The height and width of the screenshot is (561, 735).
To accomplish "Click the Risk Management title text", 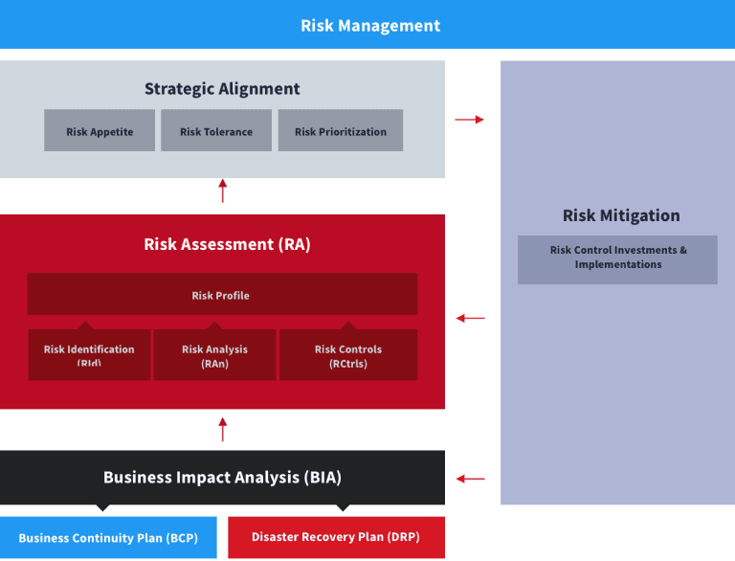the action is [x=370, y=26].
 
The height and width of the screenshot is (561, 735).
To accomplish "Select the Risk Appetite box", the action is [x=100, y=130].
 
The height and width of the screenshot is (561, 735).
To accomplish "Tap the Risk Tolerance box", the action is [x=216, y=130].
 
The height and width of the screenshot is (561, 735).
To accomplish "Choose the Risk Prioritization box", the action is [x=341, y=130].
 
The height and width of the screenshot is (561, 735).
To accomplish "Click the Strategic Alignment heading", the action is [x=222, y=89].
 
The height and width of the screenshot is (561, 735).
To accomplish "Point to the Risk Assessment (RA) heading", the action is [x=227, y=244].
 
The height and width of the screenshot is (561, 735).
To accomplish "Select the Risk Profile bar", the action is [x=222, y=294].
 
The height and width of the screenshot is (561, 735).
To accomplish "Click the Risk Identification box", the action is [x=89, y=354].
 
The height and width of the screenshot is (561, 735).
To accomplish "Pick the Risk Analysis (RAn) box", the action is [x=214, y=354].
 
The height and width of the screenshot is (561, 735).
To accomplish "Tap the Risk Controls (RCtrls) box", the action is [x=348, y=354].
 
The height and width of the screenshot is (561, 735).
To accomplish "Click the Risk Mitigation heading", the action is [x=621, y=215].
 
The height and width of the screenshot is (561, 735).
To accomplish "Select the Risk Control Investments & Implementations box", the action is [x=617, y=259].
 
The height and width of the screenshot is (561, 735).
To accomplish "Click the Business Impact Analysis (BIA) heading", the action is [x=222, y=478].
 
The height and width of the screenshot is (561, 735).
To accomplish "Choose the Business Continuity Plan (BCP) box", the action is [x=108, y=538].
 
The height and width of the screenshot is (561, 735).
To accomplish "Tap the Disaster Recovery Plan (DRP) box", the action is [x=336, y=538].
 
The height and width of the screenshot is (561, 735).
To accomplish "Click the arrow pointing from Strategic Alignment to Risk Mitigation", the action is [x=469, y=120].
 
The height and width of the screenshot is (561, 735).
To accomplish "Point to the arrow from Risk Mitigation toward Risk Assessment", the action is [x=470, y=318].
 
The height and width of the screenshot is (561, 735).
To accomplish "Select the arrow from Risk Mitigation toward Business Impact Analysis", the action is [x=470, y=479].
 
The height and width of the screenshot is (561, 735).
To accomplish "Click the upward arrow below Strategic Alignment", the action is [x=223, y=191].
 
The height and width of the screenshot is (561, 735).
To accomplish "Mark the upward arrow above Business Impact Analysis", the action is [x=223, y=429].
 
